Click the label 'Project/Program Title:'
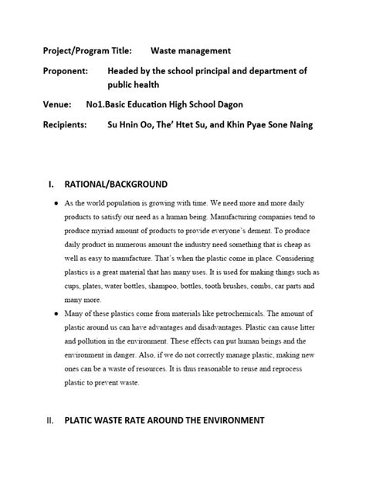86,51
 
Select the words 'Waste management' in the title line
190,51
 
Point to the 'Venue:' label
57,104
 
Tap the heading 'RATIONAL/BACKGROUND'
115,185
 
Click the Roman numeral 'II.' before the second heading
49,420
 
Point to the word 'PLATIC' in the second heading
83,420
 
